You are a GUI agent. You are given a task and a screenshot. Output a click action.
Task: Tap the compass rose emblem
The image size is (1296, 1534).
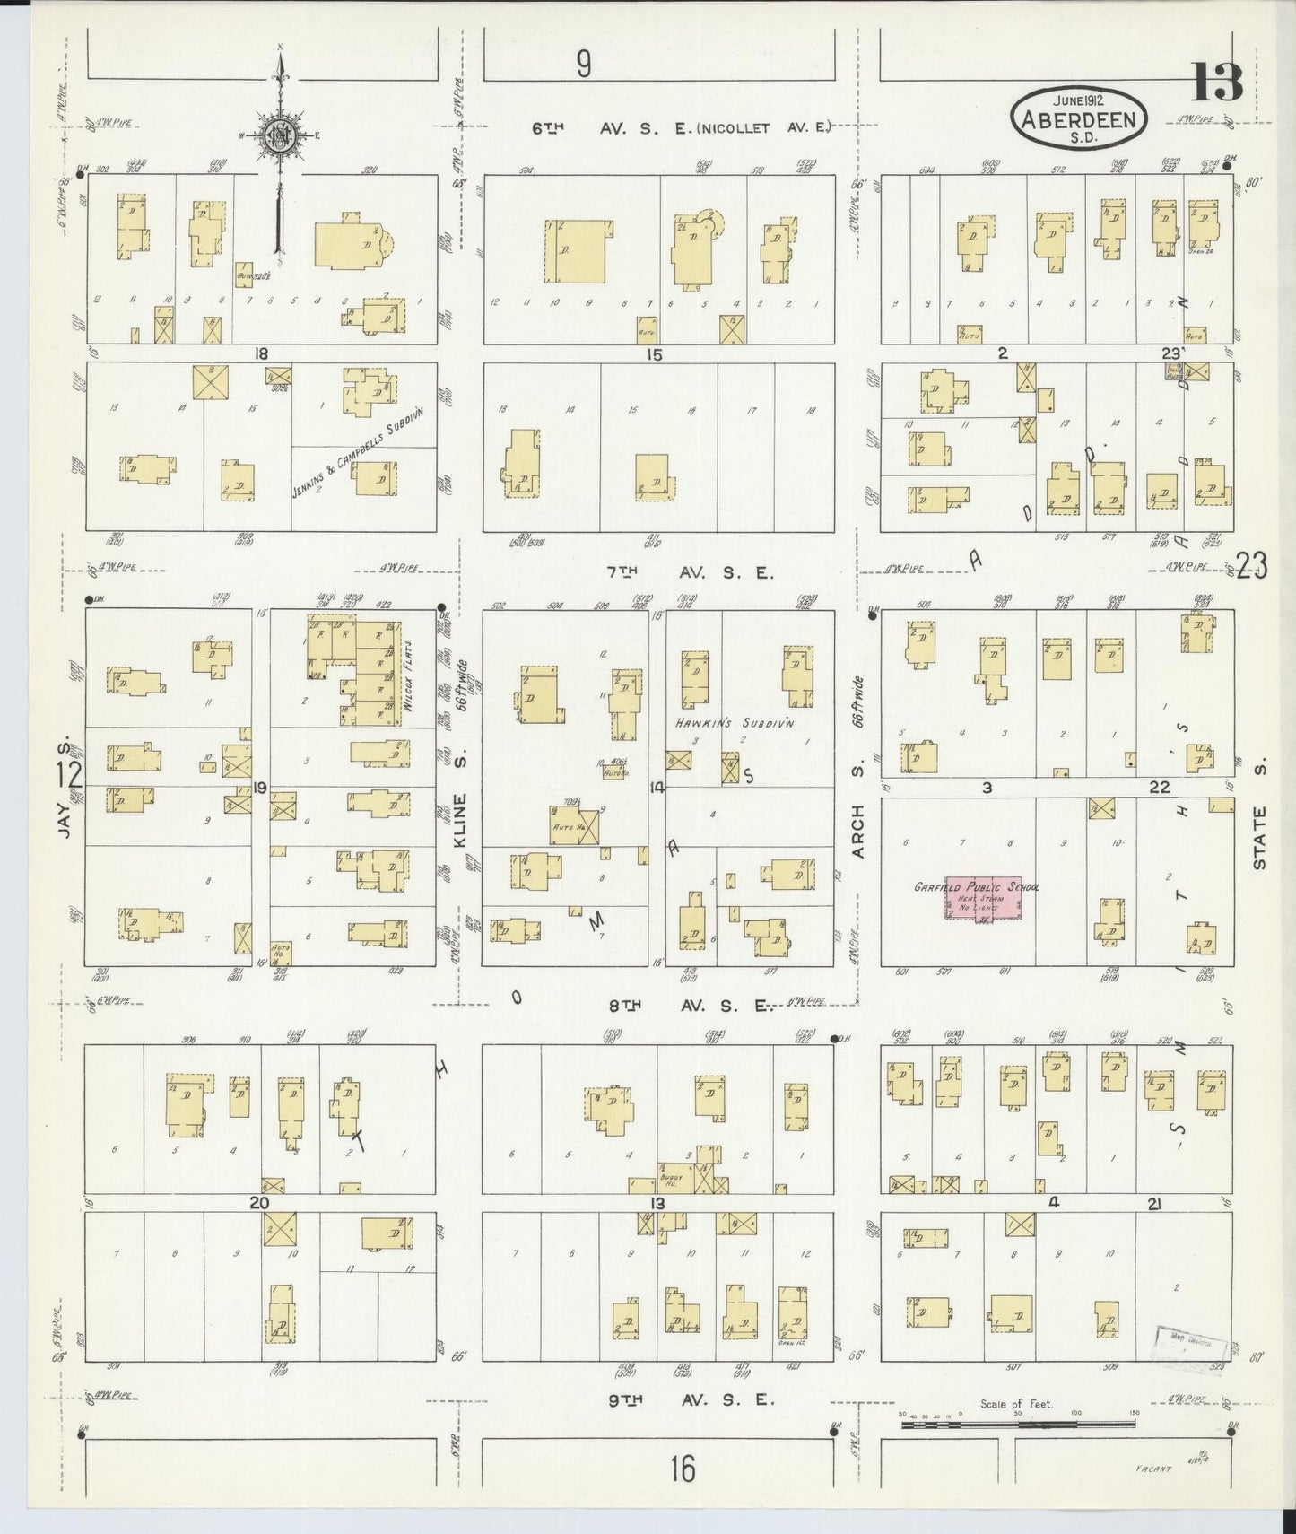(281, 135)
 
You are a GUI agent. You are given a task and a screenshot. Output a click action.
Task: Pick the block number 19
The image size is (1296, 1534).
(260, 789)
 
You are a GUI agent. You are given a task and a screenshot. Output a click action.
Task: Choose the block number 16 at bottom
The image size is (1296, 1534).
(682, 1470)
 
